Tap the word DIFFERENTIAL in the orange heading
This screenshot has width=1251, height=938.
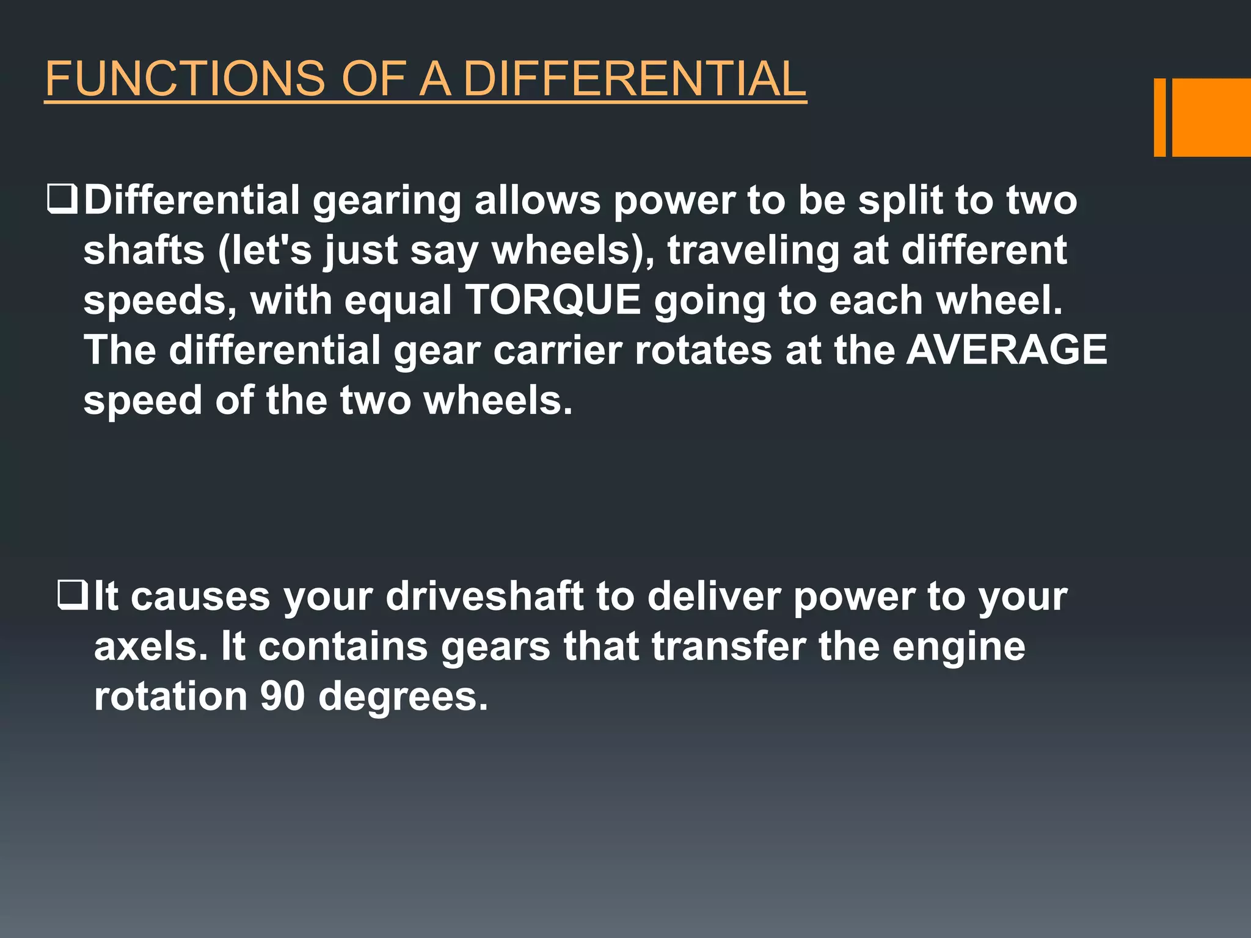[x=635, y=79]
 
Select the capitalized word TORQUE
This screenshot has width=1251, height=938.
[x=553, y=300]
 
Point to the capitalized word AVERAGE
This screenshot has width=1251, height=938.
[x=1006, y=350]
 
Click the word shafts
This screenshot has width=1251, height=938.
[x=144, y=250]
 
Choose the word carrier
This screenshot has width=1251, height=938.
[x=557, y=351]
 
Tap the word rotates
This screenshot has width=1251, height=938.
[x=702, y=351]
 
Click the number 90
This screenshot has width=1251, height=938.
[x=282, y=696]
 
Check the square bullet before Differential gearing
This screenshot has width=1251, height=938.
[x=62, y=200]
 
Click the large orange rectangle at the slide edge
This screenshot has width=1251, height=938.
[x=1211, y=117]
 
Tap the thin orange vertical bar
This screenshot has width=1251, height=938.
[x=1159, y=117]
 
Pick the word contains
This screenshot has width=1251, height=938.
[x=343, y=646]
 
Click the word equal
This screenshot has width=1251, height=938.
[x=398, y=302]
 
